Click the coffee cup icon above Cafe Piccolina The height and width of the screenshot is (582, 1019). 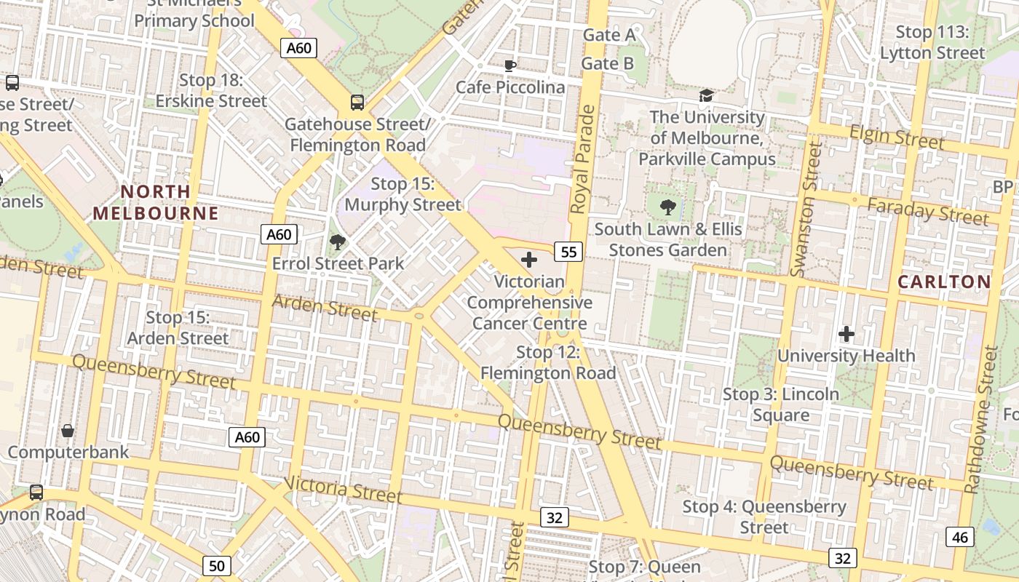pyautogui.click(x=510, y=65)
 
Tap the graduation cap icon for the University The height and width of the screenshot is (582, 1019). pyautogui.click(x=706, y=96)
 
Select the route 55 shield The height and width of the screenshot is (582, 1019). pyautogui.click(x=568, y=252)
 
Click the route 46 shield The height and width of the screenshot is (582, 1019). pyautogui.click(x=960, y=537)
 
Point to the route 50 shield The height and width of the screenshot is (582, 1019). pyautogui.click(x=217, y=566)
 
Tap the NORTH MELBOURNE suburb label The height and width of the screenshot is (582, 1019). pyautogui.click(x=156, y=202)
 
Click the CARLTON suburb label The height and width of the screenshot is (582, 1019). pyautogui.click(x=944, y=282)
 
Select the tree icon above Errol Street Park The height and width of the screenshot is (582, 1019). pyautogui.click(x=337, y=242)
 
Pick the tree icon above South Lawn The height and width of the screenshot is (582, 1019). pyautogui.click(x=667, y=207)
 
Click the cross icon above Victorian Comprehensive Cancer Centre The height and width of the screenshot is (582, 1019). pyautogui.click(x=529, y=260)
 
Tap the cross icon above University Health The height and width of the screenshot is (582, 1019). pyautogui.click(x=846, y=334)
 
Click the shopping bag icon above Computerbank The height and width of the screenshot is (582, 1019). pyautogui.click(x=68, y=431)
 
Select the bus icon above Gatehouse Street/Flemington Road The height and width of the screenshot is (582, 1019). pyautogui.click(x=357, y=103)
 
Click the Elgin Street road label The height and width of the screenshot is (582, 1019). pyautogui.click(x=897, y=136)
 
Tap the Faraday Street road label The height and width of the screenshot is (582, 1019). pyautogui.click(x=928, y=211)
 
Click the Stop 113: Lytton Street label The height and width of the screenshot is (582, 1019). pyautogui.click(x=932, y=42)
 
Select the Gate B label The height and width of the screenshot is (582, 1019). pyautogui.click(x=607, y=63)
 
